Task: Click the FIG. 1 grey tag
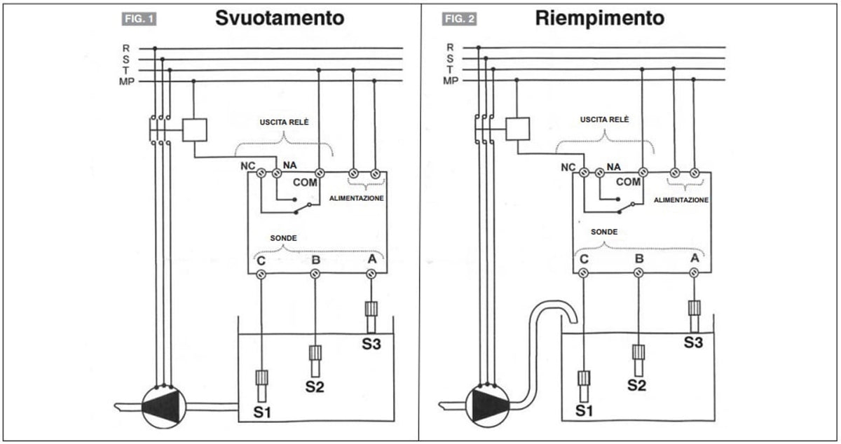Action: (139, 19)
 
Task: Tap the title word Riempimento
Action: (600, 18)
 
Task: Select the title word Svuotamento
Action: (280, 18)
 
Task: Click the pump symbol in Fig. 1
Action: (164, 406)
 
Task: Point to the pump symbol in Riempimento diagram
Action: (487, 405)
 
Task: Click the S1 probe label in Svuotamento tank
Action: (262, 412)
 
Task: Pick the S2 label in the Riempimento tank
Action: (637, 385)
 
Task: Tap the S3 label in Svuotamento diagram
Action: (371, 344)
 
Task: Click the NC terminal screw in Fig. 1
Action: (261, 173)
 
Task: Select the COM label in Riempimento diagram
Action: (628, 182)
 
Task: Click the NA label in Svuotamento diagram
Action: (289, 165)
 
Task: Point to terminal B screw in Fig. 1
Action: (315, 274)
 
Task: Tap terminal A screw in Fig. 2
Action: (694, 272)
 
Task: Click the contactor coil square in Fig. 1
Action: (195, 130)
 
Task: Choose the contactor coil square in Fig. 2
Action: (518, 129)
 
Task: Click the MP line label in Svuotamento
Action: (127, 81)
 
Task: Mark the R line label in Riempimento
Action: (450, 48)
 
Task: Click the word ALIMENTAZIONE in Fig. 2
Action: (681, 200)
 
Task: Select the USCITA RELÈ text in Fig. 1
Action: (285, 122)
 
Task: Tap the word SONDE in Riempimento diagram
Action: (604, 232)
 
